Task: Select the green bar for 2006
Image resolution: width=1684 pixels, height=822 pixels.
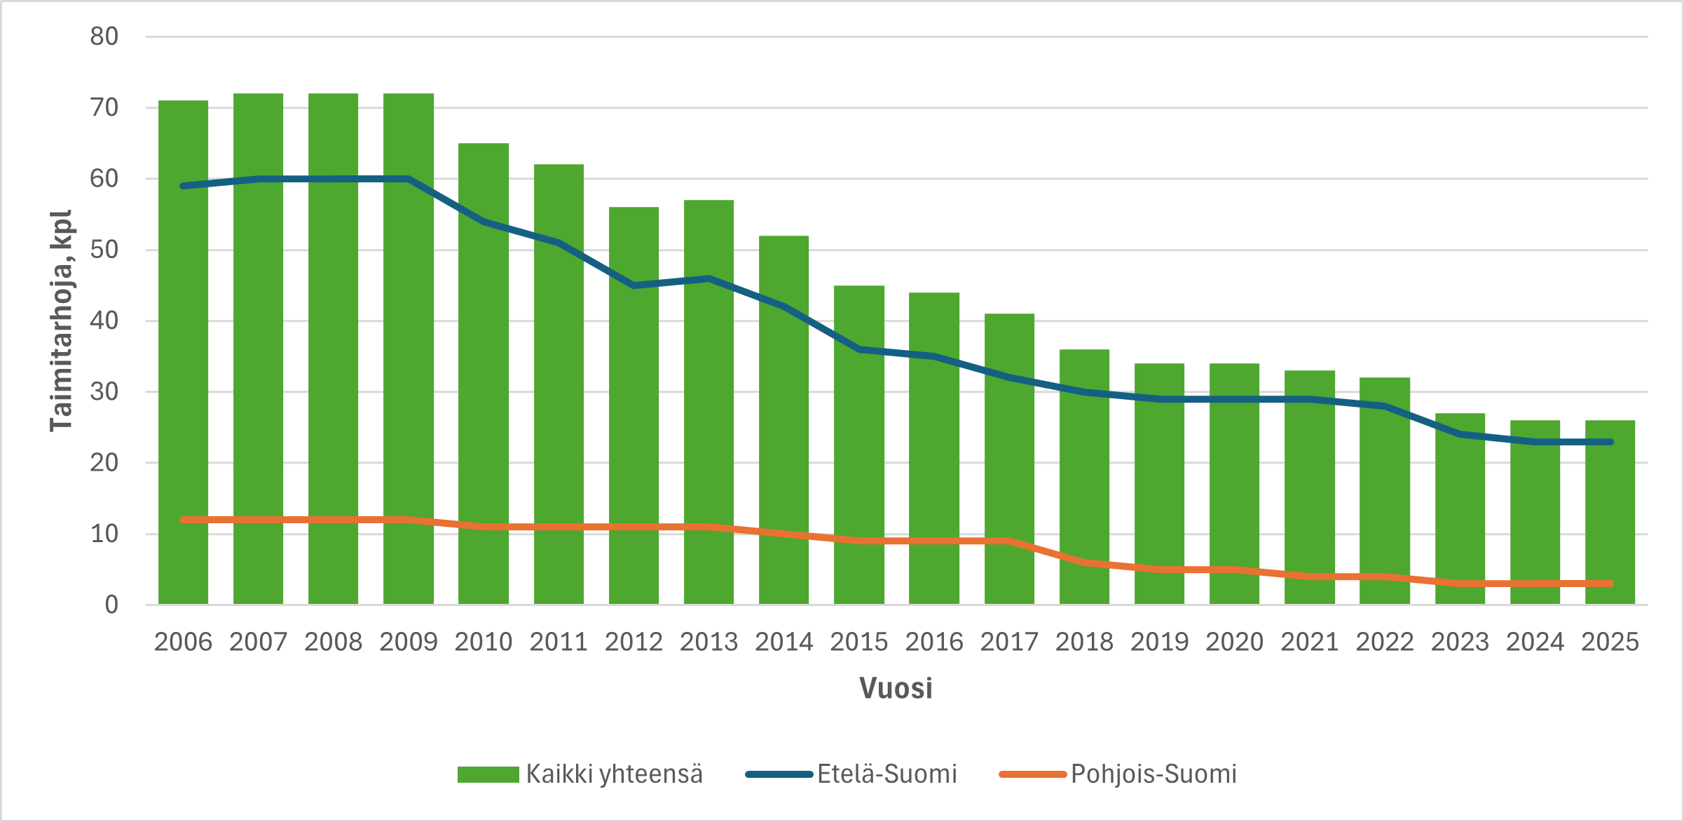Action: click(x=183, y=351)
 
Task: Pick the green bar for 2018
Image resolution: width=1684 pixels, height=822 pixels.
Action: click(x=1084, y=477)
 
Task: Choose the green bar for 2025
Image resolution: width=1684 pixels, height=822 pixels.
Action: click(x=1610, y=512)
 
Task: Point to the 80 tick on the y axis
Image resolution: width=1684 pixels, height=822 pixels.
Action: click(x=104, y=36)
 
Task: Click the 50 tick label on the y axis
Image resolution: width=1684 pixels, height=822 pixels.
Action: click(x=104, y=250)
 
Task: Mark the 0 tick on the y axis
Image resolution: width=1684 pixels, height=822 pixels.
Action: click(x=111, y=605)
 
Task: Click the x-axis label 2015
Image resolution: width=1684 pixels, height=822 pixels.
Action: click(x=858, y=642)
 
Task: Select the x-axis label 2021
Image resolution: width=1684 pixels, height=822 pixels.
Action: click(x=1309, y=642)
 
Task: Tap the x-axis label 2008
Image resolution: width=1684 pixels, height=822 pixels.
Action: click(x=333, y=642)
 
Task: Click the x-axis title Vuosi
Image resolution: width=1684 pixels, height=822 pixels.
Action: click(x=896, y=688)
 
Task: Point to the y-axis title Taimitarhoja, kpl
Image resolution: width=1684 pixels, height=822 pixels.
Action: click(x=61, y=321)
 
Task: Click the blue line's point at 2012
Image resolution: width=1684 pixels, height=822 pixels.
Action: click(x=634, y=285)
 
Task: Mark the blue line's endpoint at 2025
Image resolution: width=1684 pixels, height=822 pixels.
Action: click(x=1610, y=442)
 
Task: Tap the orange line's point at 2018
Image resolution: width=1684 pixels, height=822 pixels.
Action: click(x=1084, y=562)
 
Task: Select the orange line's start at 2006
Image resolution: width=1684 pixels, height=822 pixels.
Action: click(x=183, y=520)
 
